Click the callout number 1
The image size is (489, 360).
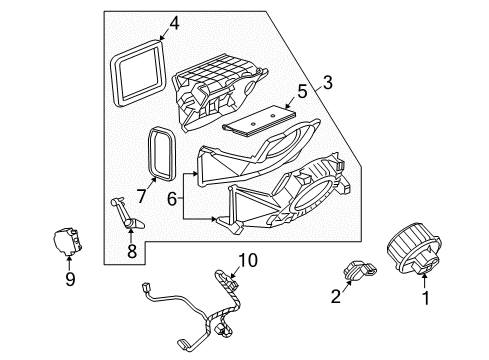tap(427, 326)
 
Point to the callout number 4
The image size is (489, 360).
tap(174, 21)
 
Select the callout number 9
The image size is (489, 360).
tap(69, 281)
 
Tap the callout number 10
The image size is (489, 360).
tap(247, 261)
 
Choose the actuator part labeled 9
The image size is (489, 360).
tap(68, 243)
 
